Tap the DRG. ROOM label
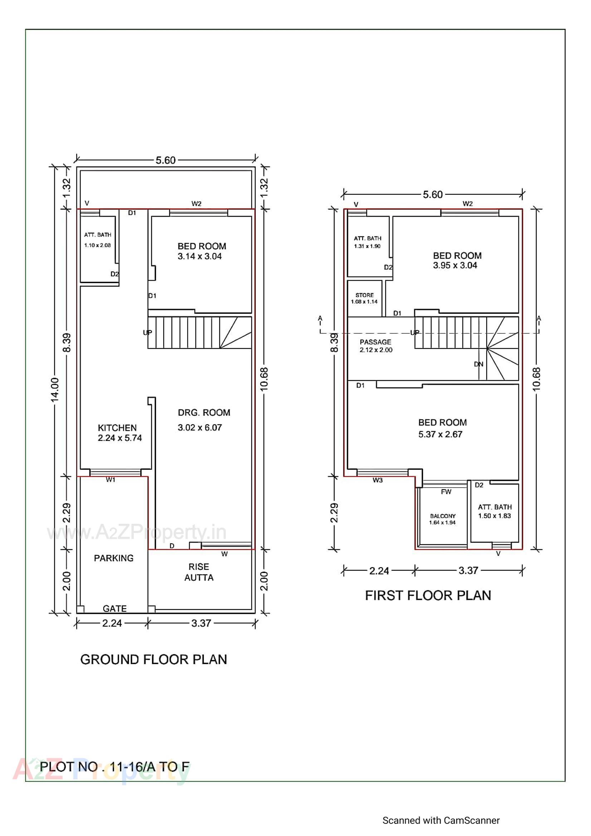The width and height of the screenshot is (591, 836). click(204, 413)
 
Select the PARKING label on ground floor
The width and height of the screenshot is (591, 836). click(114, 558)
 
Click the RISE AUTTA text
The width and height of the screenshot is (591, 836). click(199, 572)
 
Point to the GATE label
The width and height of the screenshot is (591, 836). click(115, 609)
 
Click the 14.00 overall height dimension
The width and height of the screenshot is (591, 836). click(55, 390)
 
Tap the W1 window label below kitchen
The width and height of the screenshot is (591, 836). click(111, 480)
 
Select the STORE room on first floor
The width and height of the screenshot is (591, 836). click(364, 298)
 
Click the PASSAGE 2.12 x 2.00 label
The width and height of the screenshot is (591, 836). click(376, 346)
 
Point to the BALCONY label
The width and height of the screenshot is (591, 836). click(442, 519)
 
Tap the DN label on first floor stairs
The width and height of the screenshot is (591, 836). click(478, 364)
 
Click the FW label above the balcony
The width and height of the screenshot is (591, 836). click(446, 492)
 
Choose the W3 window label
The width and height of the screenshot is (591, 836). click(377, 480)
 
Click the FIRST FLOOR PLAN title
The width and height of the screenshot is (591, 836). click(428, 595)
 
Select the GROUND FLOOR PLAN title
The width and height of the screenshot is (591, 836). click(153, 659)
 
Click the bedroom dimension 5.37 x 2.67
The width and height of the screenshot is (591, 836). click(440, 434)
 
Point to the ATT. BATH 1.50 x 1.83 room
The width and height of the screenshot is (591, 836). click(494, 511)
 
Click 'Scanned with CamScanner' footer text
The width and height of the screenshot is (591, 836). click(441, 820)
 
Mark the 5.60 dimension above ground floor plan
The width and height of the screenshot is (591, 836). click(165, 160)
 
